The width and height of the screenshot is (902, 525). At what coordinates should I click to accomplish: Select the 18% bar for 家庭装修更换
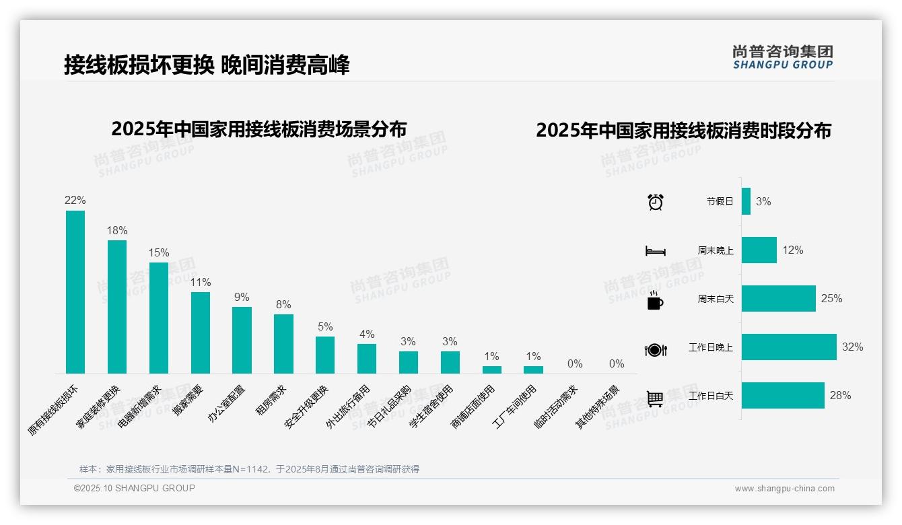(x=117, y=306)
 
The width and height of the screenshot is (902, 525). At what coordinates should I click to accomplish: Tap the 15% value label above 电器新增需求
(x=159, y=253)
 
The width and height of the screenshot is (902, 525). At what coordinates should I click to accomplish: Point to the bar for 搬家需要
(x=201, y=332)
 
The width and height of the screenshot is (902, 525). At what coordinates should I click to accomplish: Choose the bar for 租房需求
(x=283, y=343)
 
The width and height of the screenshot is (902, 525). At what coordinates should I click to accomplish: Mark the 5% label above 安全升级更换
(x=325, y=327)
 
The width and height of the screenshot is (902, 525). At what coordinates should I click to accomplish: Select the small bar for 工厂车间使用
(x=533, y=370)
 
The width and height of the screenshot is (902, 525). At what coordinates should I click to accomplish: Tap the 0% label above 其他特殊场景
(x=617, y=364)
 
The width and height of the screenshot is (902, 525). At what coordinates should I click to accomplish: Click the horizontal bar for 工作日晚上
(x=789, y=347)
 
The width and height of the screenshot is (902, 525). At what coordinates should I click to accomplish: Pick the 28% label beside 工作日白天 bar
(x=840, y=396)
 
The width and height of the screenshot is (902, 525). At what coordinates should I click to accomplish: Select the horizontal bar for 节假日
(x=746, y=201)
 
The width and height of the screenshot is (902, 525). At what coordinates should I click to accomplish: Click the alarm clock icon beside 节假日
(x=656, y=202)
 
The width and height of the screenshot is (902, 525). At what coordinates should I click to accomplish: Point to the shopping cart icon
(x=655, y=398)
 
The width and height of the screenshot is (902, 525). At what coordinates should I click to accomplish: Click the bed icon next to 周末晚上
(x=655, y=251)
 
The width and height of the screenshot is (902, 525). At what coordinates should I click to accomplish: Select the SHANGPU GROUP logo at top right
(x=783, y=57)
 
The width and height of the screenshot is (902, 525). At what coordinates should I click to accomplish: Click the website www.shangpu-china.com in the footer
(x=784, y=489)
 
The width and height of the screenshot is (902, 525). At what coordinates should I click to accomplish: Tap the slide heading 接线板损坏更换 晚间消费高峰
(x=207, y=65)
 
